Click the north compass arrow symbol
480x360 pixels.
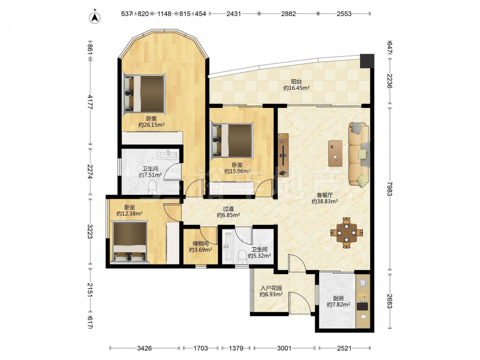point(95,17)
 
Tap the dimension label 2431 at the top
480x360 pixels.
point(234,14)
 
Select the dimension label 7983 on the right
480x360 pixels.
point(389,189)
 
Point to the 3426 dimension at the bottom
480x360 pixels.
point(144,348)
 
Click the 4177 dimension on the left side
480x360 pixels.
point(90,102)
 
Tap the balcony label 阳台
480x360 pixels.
point(296,82)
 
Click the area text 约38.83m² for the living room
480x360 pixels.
point(325,202)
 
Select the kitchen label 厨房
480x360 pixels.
point(338,298)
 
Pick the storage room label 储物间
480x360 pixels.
point(201,243)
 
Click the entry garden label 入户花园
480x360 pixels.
point(271,288)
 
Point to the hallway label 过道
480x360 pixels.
point(228,209)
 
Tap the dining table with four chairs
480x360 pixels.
point(347,233)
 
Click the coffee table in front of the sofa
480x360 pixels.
point(336,154)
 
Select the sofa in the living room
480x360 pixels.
point(359,154)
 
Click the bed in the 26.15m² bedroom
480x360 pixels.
point(144,94)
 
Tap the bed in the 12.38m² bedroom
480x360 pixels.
point(130,242)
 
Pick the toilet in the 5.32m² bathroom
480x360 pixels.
point(242,257)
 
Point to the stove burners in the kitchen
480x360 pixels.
point(363,306)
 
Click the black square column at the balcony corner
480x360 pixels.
point(367,61)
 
